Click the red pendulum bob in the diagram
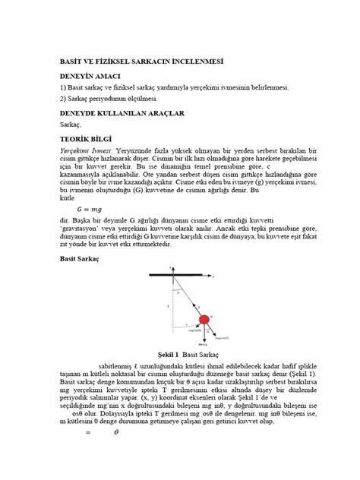pyautogui.click(x=203, y=320)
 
